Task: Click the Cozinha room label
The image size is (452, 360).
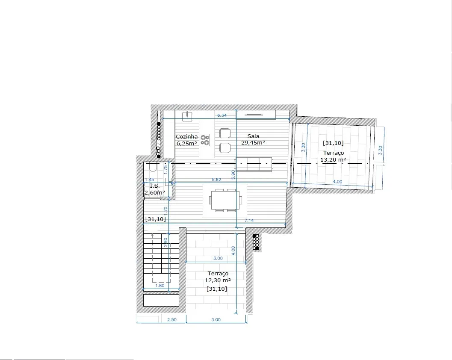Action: click(186, 137)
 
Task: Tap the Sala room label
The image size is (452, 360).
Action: click(253, 136)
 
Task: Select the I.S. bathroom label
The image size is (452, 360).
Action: click(155, 186)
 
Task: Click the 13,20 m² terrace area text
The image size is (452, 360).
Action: click(333, 159)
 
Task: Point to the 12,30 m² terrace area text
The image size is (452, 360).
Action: click(218, 280)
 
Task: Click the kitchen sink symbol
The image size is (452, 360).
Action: click(187, 116)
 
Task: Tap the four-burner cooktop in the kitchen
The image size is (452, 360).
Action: click(205, 140)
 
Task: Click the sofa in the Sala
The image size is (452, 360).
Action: click(254, 164)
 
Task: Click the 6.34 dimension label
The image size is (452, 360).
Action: click(222, 115)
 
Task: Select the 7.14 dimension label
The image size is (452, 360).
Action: click(249, 221)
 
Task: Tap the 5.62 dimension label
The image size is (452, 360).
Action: click(216, 180)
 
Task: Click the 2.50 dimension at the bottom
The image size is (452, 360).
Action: click(172, 320)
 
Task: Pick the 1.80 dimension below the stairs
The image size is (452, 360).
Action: click(160, 286)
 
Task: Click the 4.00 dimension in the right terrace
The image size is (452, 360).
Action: click(337, 182)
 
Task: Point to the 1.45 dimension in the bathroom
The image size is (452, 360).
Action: click(149, 180)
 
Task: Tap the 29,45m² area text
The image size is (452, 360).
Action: click(253, 143)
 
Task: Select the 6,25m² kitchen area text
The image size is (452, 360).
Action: click(186, 143)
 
